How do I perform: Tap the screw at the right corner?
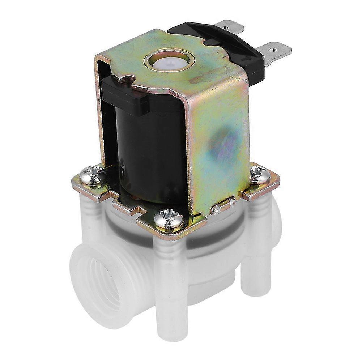point(260,175)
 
